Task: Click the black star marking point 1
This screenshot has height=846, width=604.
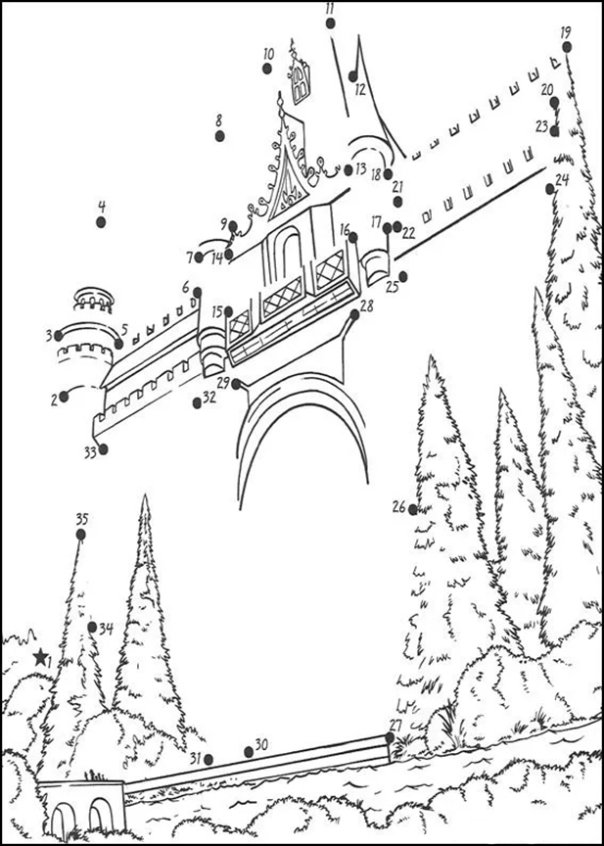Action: point(40,657)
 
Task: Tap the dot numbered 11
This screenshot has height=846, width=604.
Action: point(331,23)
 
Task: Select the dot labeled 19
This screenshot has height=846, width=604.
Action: point(567,47)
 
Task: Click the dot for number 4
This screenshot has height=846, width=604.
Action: point(101,221)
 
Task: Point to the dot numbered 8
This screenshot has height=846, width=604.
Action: point(219,136)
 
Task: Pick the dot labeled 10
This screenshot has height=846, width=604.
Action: point(267,69)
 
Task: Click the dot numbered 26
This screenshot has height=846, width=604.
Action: point(413,509)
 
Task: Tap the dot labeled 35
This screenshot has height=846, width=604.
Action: point(81,535)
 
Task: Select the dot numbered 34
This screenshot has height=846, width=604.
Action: point(92,627)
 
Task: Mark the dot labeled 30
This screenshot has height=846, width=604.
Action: point(249,752)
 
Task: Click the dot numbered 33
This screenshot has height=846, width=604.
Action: point(103,448)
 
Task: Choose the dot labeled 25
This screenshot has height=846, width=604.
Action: point(403,277)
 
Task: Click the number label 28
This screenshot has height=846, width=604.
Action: point(367,305)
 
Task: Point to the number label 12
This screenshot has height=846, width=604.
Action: point(360,89)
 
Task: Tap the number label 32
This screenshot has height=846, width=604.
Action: point(209,398)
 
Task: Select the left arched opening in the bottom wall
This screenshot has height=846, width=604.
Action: point(63,817)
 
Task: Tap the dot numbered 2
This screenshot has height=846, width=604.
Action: point(64,397)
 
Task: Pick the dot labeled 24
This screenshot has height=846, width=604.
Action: point(550,189)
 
